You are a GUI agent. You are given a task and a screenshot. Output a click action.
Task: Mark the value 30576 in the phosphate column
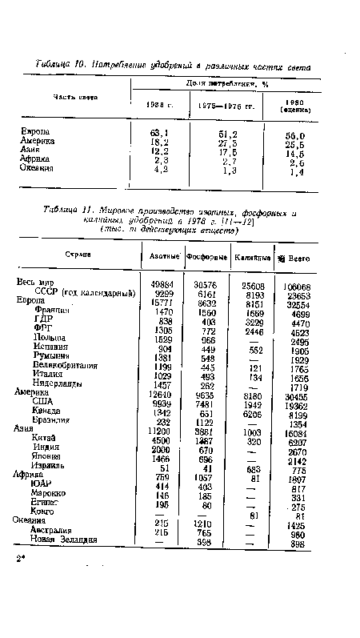207,283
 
